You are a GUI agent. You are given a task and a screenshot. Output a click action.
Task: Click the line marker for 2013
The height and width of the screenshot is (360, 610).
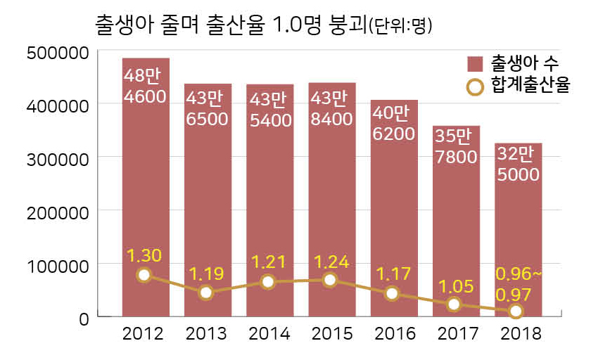tap(206, 292)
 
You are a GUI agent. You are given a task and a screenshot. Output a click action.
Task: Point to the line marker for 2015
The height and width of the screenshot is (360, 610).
tap(331, 281)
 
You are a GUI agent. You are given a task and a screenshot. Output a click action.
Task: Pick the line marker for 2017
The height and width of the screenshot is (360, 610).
tap(454, 304)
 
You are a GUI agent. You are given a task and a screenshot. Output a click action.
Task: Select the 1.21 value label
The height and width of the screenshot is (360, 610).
tap(267, 263)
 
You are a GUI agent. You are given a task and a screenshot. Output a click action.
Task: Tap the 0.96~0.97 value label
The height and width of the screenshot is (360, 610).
tap(520, 281)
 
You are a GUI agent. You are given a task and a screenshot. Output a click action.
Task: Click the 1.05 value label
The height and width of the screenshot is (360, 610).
tap(454, 286)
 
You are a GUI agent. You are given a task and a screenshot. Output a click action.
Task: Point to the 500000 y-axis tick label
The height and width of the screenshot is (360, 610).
tap(56, 53)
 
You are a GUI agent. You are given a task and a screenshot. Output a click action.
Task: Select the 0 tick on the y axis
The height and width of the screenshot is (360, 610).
tap(84, 319)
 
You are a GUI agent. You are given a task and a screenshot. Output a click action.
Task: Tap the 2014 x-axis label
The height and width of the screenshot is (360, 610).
tap(268, 333)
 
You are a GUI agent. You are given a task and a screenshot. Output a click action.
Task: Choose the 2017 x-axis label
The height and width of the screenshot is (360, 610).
tap(455, 333)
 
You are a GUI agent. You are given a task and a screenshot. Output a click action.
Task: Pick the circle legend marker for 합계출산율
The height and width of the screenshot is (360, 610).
tap(476, 86)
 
